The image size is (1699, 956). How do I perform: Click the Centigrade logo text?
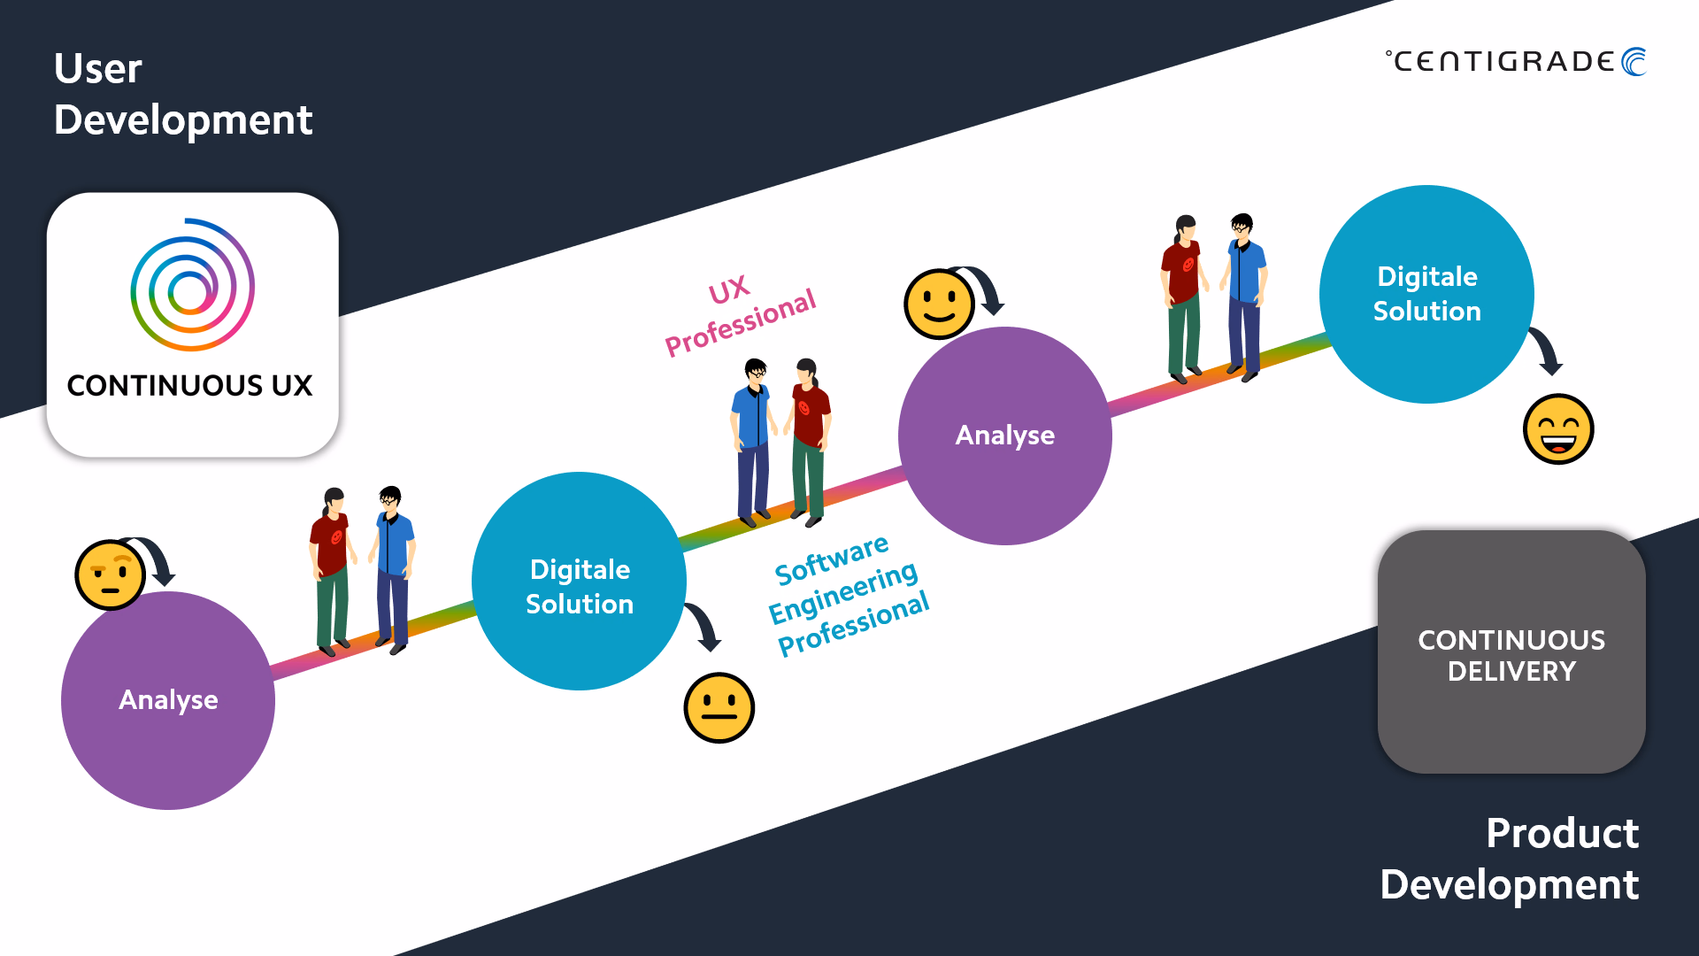1503,61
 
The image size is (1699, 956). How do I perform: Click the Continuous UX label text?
189,385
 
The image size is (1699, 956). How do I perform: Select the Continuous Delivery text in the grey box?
1511,655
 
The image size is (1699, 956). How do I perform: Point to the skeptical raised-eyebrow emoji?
111,574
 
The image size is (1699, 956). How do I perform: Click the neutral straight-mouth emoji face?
719,707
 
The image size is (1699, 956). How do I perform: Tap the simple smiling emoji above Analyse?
939,304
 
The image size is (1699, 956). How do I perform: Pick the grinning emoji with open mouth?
1558,429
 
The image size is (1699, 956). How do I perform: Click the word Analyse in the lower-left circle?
168,699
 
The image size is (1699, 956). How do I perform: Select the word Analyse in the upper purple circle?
1005,435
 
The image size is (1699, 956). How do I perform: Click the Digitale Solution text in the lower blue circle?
580,586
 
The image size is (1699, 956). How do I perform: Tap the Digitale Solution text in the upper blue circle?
1427,293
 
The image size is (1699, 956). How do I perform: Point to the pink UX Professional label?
740,315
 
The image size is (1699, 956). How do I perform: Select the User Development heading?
183,94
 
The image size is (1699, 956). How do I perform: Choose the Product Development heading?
1510,859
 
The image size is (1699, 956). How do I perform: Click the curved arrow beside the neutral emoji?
706,625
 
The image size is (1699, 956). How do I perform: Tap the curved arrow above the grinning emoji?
1549,351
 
